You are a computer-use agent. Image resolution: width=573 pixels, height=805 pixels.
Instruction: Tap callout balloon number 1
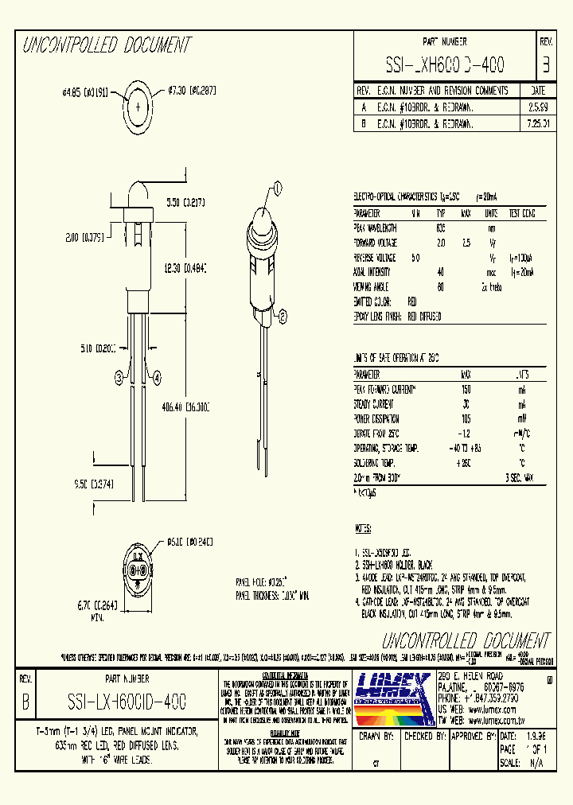pyautogui.click(x=278, y=188)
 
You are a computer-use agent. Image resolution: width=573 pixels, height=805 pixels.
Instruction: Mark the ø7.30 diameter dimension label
pyautogui.click(x=193, y=91)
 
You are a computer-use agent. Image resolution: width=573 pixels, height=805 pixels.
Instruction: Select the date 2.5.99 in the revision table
pyautogui.click(x=537, y=106)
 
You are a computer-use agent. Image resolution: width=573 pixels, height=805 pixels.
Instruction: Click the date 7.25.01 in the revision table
pyautogui.click(x=537, y=124)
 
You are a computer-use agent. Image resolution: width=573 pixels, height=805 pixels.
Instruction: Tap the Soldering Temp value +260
pyautogui.click(x=466, y=463)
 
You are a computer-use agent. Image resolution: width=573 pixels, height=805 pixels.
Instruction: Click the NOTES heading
pyautogui.click(x=364, y=528)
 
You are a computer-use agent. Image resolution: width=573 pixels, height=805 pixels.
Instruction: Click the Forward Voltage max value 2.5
pyautogui.click(x=466, y=243)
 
